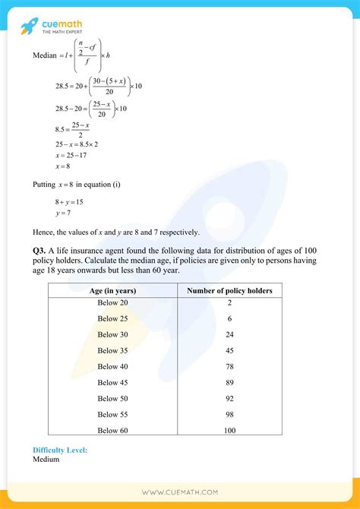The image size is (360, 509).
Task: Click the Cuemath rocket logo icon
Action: coord(28,27)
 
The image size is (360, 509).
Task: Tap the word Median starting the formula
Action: coord(46,55)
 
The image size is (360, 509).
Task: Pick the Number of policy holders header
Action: coord(229,291)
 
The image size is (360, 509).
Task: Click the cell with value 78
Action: coord(229,366)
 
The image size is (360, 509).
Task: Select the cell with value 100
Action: coord(229,431)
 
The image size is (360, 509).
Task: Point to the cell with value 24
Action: coord(229,334)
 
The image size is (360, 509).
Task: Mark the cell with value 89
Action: coord(229,382)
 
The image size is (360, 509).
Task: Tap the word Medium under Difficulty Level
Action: coord(47,460)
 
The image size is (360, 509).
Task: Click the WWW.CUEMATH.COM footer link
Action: coord(180,492)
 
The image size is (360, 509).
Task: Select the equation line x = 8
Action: coord(63,166)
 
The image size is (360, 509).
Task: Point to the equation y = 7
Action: coord(62,213)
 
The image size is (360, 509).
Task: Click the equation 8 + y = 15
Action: coord(68,201)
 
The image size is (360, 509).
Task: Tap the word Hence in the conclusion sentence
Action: coord(45,232)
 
